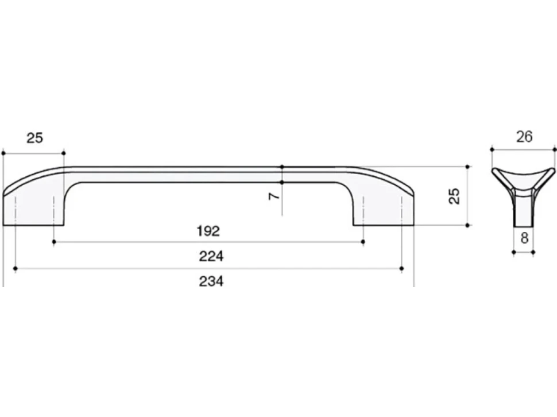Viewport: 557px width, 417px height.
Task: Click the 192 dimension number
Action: click(208, 231)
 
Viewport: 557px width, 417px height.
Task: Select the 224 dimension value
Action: click(211, 256)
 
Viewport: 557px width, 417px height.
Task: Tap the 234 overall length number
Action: click(211, 281)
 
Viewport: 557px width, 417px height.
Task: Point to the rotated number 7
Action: click(274, 196)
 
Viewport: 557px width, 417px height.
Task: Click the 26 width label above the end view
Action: click(524, 137)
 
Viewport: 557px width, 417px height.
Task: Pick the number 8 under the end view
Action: click(524, 238)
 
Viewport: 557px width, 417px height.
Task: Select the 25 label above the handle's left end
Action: click(35, 138)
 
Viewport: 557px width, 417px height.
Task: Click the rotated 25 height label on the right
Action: click(454, 196)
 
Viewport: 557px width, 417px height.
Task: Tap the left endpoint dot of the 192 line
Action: click(53, 242)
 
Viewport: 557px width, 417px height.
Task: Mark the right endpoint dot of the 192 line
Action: click(363, 242)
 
